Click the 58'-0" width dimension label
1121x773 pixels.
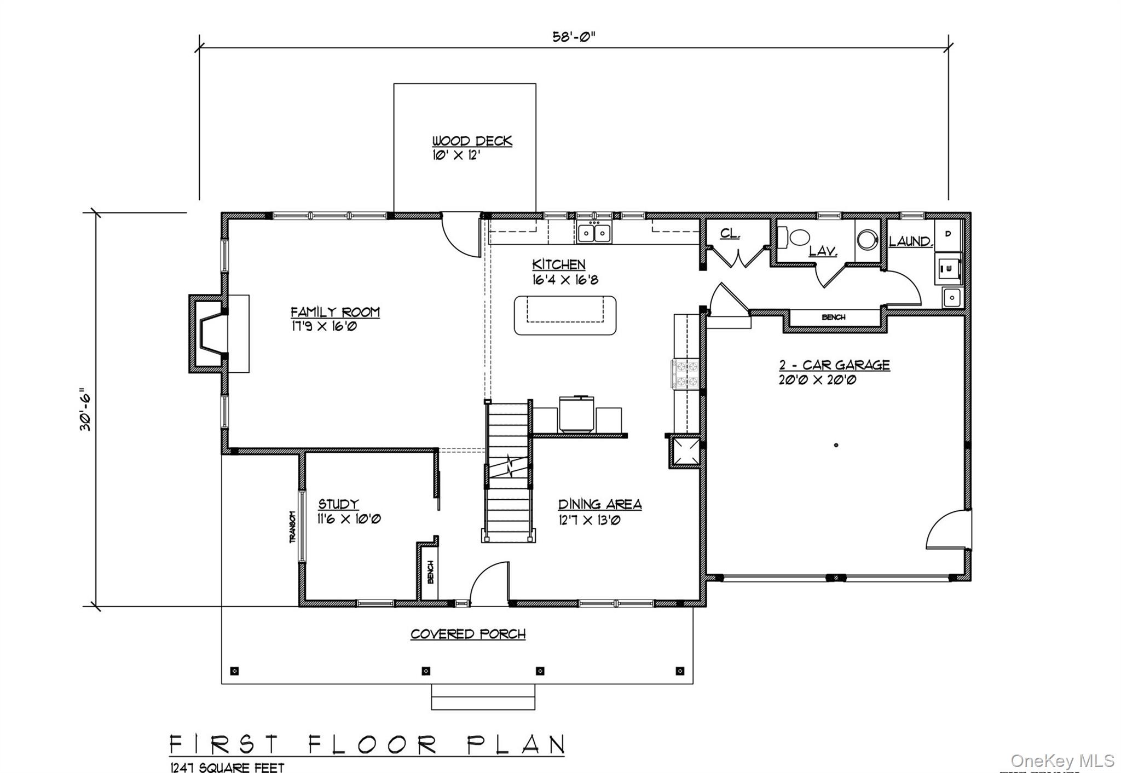click(573, 37)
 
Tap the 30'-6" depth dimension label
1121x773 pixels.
click(86, 409)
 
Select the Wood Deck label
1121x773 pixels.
click(472, 141)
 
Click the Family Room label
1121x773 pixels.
click(335, 312)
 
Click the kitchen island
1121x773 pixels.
click(565, 315)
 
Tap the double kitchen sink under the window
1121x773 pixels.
click(594, 234)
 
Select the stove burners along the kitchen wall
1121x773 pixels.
click(685, 374)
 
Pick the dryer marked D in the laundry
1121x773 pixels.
click(948, 234)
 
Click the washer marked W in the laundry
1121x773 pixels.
click(948, 268)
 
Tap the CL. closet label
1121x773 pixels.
click(730, 234)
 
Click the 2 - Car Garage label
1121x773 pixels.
click(835, 365)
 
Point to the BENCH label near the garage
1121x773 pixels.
click(833, 318)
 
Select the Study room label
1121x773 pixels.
click(339, 504)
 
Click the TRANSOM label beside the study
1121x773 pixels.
click(292, 527)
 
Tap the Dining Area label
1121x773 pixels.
click(599, 505)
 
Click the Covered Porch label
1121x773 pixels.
click(468, 634)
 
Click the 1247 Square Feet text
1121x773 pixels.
click(227, 768)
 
